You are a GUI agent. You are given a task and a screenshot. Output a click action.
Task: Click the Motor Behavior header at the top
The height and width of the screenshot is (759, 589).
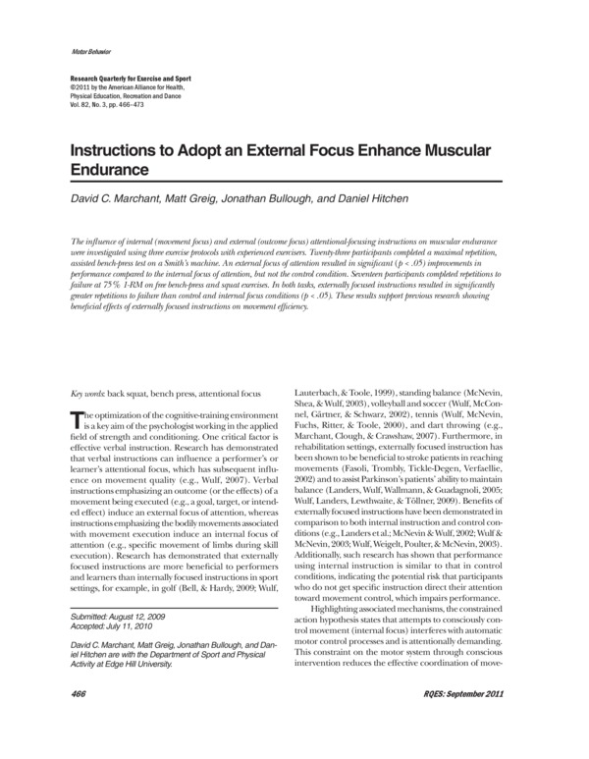(90, 49)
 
